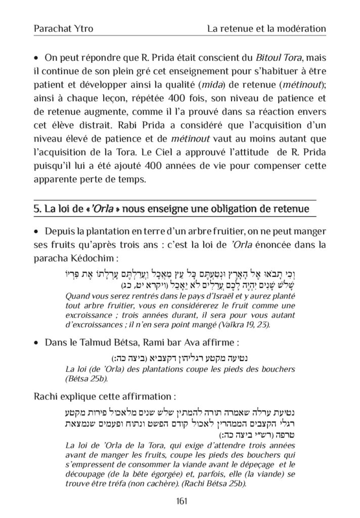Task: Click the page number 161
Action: click(179, 500)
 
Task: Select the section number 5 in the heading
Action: click(36, 208)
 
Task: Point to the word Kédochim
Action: click(94, 258)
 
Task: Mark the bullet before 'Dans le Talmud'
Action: click(37, 343)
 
